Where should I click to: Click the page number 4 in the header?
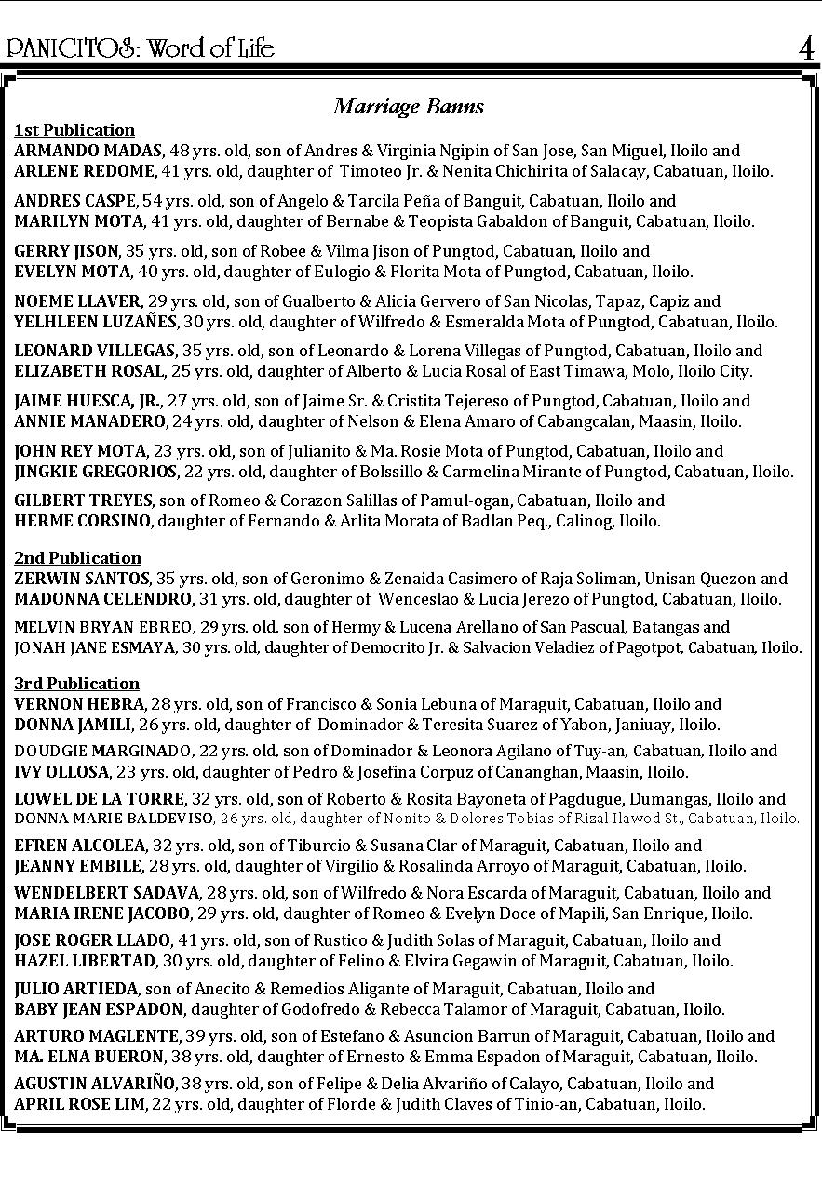click(x=806, y=47)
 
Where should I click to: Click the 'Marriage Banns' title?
click(x=409, y=106)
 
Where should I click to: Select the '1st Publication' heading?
click(x=74, y=130)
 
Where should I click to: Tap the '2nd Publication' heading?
click(x=77, y=558)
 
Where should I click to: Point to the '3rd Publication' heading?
click(x=76, y=684)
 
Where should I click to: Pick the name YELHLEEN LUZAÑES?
click(x=95, y=322)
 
